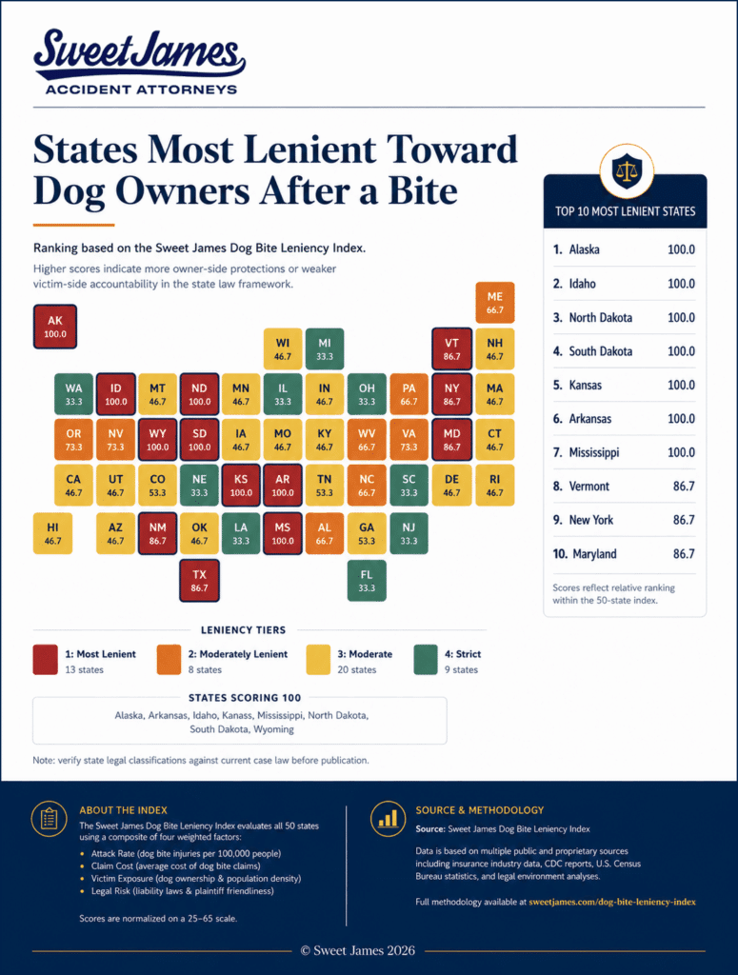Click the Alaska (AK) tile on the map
tap(54, 327)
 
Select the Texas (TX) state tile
tap(199, 581)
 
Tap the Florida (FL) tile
tap(367, 581)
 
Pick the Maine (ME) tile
tap(495, 303)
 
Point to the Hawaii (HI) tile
tap(52, 533)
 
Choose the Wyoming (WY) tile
tap(157, 440)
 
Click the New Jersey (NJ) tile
tap(409, 533)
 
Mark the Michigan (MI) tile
tap(325, 348)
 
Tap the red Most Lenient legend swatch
tap(45, 661)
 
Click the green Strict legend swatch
tap(426, 661)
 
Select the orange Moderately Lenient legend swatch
tap(169, 661)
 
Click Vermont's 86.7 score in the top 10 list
tap(684, 487)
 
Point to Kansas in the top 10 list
tap(585, 385)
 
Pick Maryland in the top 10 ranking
tap(594, 554)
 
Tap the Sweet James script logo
tap(139, 54)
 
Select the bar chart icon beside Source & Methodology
tap(388, 818)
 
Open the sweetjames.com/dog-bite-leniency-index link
tap(611, 902)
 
